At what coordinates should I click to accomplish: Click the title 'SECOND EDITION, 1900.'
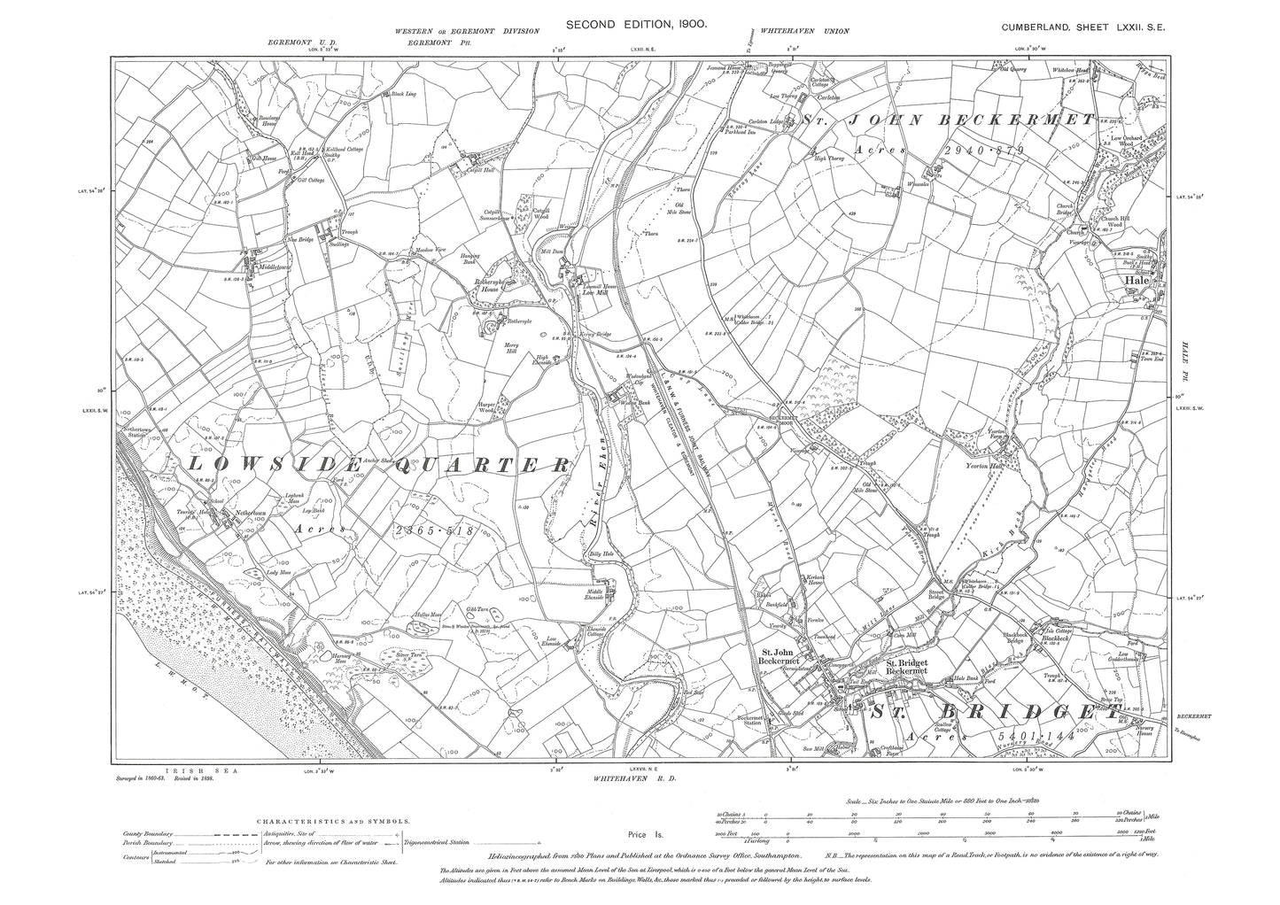(x=640, y=27)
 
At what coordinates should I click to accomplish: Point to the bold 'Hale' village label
(x=1136, y=279)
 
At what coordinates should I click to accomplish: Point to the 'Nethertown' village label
(x=234, y=513)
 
